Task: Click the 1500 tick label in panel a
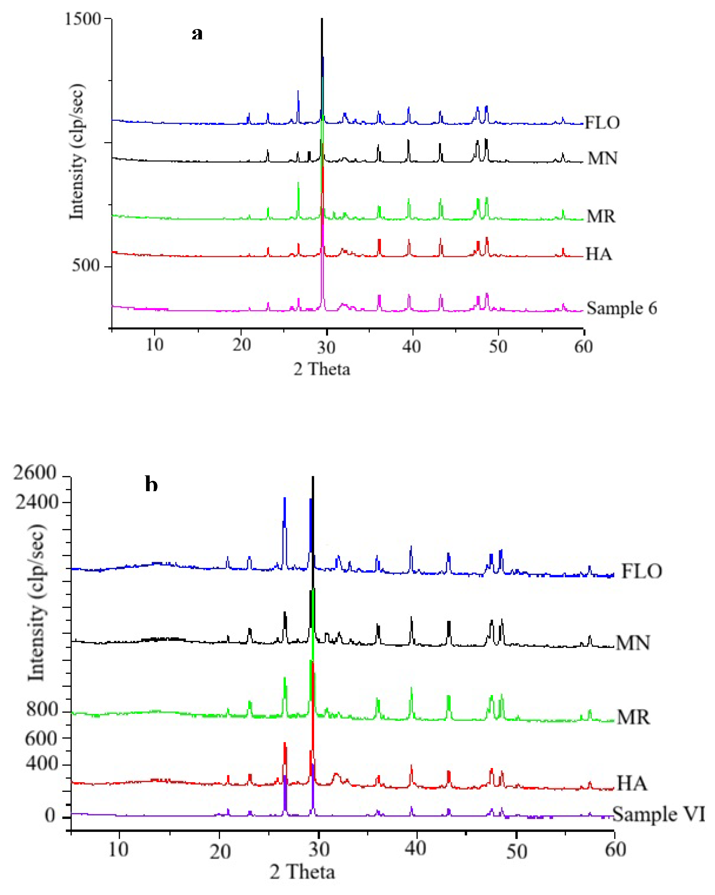point(83,19)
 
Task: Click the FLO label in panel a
point(602,123)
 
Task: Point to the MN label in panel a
point(602,158)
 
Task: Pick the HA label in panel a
point(598,254)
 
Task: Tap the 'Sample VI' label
point(658,814)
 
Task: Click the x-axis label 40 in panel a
point(411,346)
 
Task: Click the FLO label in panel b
point(641,572)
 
